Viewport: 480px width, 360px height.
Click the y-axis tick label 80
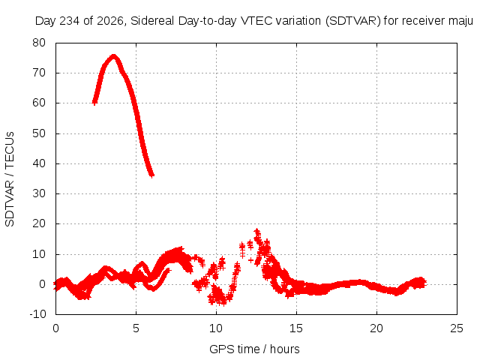[39, 43]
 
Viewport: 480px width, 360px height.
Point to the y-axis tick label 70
[39, 73]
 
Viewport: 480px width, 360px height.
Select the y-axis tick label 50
[39, 133]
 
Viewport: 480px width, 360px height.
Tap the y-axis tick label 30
[39, 193]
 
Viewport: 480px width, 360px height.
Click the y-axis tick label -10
[37, 314]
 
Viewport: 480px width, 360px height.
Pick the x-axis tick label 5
[136, 328]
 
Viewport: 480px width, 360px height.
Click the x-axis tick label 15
[296, 328]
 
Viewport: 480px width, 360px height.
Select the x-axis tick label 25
[457, 328]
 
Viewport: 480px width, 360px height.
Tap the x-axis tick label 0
[55, 328]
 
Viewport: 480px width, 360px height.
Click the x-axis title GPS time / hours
[254, 349]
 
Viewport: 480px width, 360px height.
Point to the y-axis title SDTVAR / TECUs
[10, 179]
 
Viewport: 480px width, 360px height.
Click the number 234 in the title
[70, 21]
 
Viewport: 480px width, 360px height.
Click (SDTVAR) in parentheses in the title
[353, 21]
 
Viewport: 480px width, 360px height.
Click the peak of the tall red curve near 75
[113, 57]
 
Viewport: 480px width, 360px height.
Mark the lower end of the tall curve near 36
[151, 175]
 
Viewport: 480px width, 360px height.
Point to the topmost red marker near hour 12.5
[256, 231]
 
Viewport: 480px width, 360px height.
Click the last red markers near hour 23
[422, 283]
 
